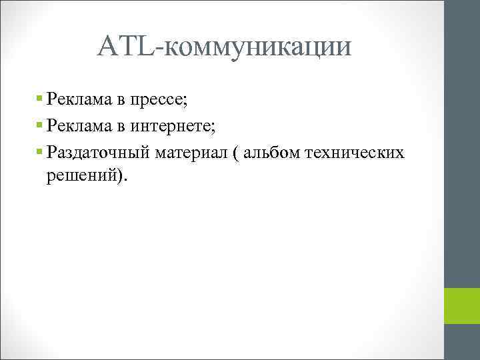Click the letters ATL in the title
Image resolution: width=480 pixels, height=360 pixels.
click(132, 46)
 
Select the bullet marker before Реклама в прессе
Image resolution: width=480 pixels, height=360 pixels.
click(40, 98)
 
